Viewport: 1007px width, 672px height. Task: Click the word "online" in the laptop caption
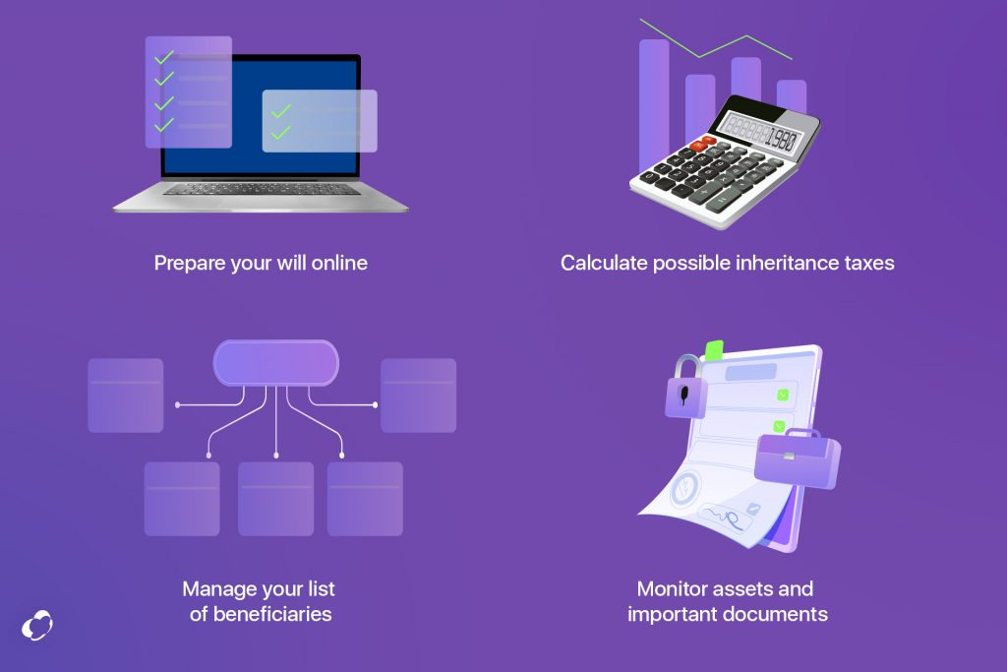[x=339, y=263]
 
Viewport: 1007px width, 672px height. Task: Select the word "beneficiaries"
[x=272, y=614]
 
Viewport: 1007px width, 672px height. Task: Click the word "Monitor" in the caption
[x=671, y=588]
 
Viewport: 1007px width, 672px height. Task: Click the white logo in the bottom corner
[x=37, y=625]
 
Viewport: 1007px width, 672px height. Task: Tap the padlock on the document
[x=685, y=388]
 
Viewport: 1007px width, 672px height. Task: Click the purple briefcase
[x=797, y=458]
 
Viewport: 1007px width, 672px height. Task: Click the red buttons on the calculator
[x=703, y=144]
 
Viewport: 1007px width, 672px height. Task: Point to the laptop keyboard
[x=262, y=190]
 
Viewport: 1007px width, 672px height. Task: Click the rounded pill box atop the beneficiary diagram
[x=276, y=363]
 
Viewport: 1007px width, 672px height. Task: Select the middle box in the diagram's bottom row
[x=276, y=499]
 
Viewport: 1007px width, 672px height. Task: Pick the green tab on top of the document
[x=714, y=350]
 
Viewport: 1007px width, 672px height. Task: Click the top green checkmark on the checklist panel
[x=164, y=57]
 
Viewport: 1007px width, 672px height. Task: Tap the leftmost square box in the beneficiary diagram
[x=126, y=396]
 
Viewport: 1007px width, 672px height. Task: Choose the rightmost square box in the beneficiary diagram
[x=419, y=396]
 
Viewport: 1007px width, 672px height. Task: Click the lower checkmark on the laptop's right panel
[x=281, y=133]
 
